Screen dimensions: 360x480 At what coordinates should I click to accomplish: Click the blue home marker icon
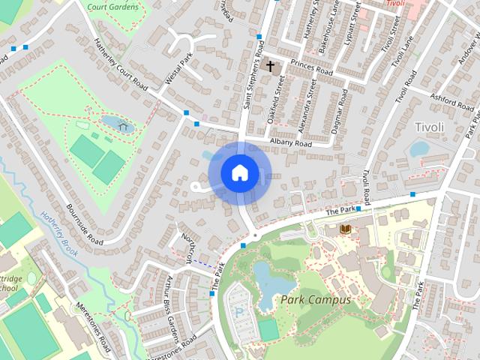coord(239,172)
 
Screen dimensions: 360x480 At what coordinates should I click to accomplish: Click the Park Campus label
coord(316,299)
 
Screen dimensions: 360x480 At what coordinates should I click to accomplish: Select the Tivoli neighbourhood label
coord(429,127)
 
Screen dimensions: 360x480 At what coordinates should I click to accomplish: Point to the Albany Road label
coord(290,143)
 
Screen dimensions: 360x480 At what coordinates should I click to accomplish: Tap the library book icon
coord(345,228)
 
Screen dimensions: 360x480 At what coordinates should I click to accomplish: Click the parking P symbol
coord(240,311)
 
